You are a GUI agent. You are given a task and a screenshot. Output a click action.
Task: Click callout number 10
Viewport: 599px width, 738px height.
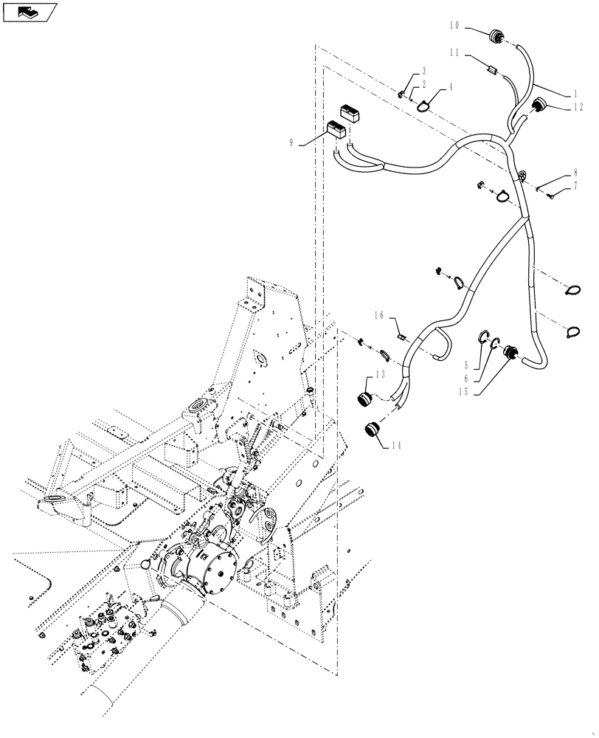(x=453, y=25)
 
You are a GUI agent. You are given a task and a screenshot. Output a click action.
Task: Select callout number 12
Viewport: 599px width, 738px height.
(x=578, y=106)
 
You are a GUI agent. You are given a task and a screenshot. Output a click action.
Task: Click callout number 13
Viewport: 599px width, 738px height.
(x=380, y=374)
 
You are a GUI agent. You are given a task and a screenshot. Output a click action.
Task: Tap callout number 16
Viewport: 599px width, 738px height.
(x=378, y=315)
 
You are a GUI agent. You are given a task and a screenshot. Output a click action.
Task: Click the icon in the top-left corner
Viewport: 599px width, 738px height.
(x=29, y=11)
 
